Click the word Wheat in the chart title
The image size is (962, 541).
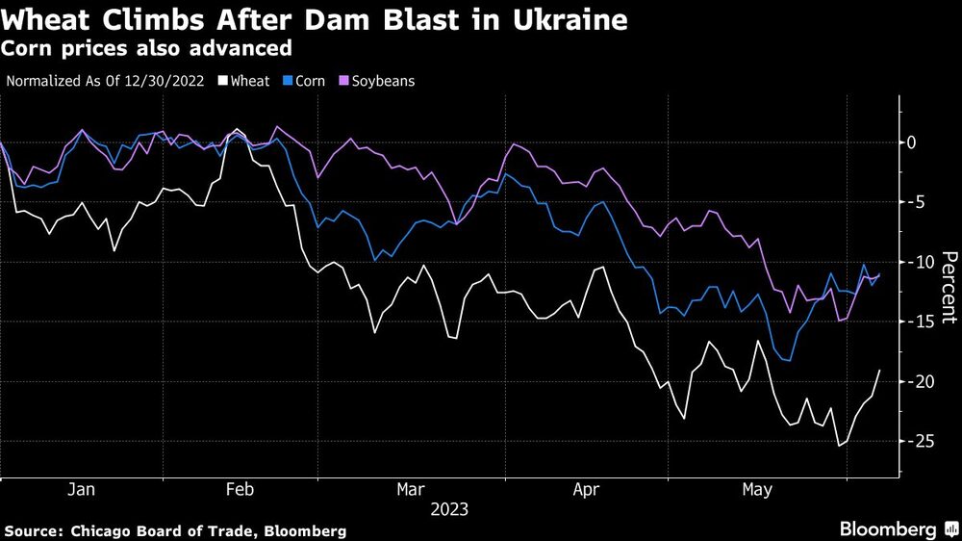click(48, 20)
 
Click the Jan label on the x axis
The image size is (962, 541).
click(81, 490)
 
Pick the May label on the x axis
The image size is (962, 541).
click(757, 490)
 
